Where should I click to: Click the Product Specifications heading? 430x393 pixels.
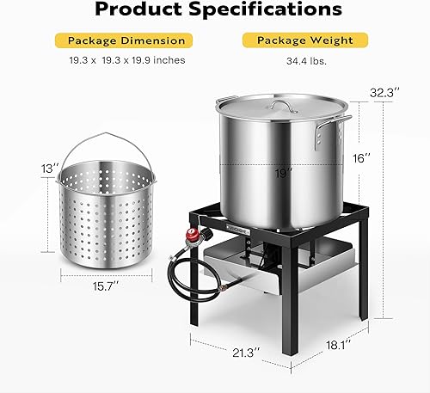[214, 11]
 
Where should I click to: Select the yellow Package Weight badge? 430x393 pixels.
[299, 40]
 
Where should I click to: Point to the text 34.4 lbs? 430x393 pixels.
[299, 60]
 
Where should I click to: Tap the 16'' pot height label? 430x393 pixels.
[362, 159]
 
